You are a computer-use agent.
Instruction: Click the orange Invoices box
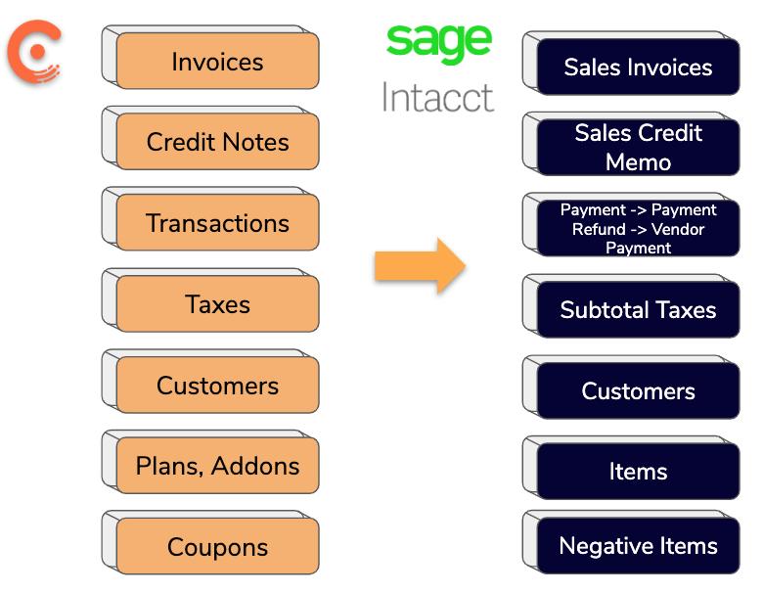pyautogui.click(x=217, y=61)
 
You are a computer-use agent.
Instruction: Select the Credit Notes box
pyautogui.click(x=217, y=142)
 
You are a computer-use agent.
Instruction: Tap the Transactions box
pyautogui.click(x=217, y=222)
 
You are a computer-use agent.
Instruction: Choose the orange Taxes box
pyautogui.click(x=217, y=303)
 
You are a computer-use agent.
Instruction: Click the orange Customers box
pyautogui.click(x=217, y=386)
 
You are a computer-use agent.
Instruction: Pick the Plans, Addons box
pyautogui.click(x=217, y=466)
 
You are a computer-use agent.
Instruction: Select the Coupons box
pyautogui.click(x=217, y=546)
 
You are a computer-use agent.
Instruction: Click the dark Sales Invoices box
pyautogui.click(x=638, y=67)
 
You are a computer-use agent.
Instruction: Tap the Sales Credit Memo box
pyautogui.click(x=638, y=147)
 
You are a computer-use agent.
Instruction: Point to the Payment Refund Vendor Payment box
pyautogui.click(x=638, y=228)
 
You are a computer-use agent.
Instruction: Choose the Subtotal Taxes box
pyautogui.click(x=638, y=309)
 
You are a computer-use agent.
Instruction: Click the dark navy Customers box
pyautogui.click(x=638, y=390)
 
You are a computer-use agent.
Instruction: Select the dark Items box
pyautogui.click(x=638, y=471)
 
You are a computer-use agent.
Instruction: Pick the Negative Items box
pyautogui.click(x=638, y=545)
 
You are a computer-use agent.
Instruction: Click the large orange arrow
pyautogui.click(x=421, y=266)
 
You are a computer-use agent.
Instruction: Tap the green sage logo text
pyautogui.click(x=438, y=44)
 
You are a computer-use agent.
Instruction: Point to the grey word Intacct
pyautogui.click(x=438, y=97)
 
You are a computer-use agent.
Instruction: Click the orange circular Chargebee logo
pyautogui.click(x=34, y=52)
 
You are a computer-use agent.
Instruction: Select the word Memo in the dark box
pyautogui.click(x=638, y=161)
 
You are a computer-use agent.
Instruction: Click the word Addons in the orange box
pyautogui.click(x=255, y=466)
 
